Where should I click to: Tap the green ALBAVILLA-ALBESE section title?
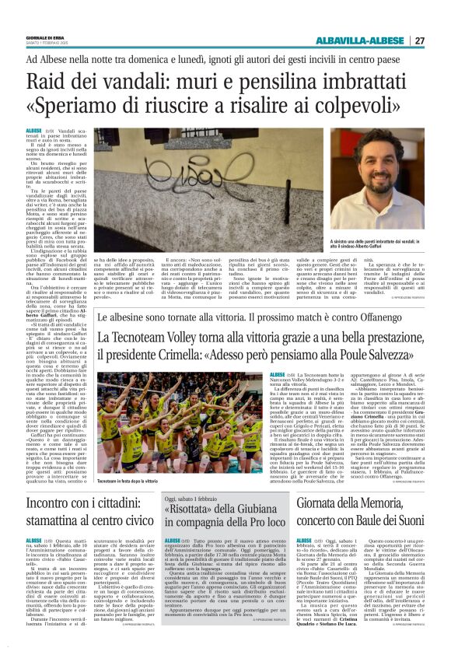pos(365,41)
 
